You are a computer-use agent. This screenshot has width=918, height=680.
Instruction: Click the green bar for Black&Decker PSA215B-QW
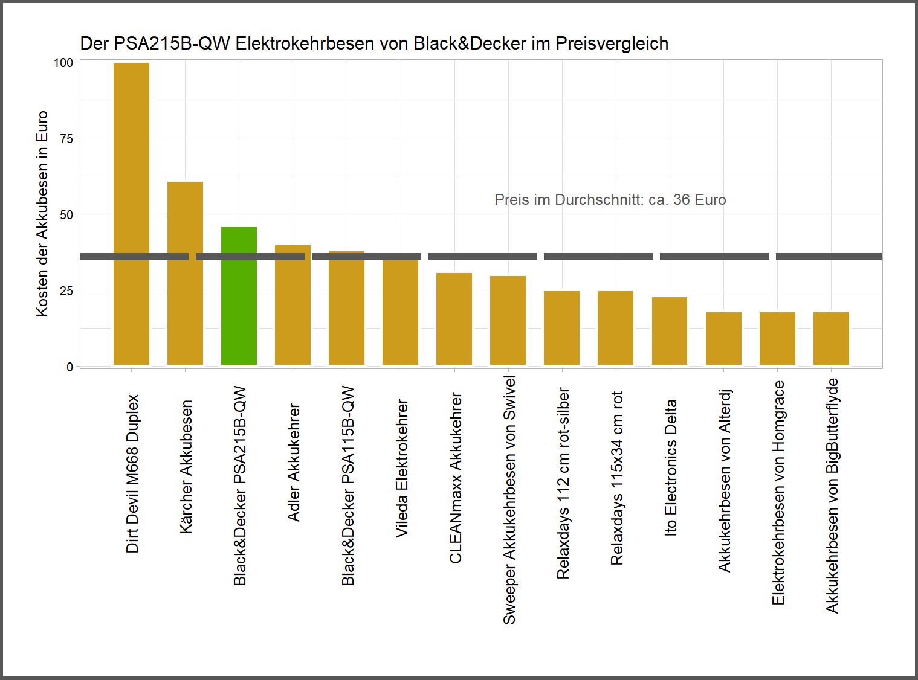239,302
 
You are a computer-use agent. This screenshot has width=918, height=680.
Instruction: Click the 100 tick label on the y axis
63,63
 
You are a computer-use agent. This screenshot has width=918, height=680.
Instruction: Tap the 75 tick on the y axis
66,139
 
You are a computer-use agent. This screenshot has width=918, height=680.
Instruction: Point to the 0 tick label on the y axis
69,367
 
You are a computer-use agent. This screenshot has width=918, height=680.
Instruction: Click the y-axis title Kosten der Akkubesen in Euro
42,213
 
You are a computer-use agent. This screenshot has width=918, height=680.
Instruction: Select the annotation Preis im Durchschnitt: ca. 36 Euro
610,200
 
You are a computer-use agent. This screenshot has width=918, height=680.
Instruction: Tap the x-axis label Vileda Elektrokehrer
402,468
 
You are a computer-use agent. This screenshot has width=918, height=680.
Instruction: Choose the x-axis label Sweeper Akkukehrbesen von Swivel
509,500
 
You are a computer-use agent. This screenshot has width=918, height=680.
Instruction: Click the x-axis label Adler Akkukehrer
294,462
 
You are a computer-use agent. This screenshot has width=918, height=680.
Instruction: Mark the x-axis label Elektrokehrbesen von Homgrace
778,492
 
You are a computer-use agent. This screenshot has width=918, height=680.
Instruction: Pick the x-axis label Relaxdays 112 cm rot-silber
563,483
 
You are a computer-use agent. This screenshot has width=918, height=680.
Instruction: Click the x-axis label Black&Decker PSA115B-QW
348,486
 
